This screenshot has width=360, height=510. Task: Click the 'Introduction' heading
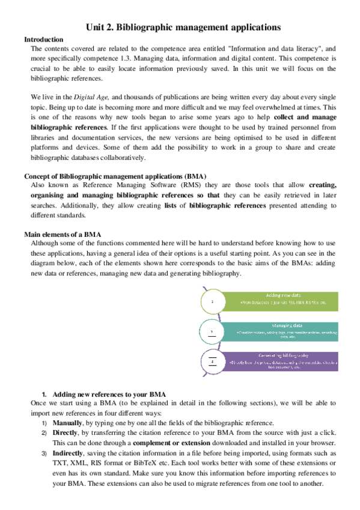(43, 39)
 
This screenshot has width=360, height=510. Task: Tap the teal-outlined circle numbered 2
(212, 331)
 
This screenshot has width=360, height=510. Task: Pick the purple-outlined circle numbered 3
(212, 361)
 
